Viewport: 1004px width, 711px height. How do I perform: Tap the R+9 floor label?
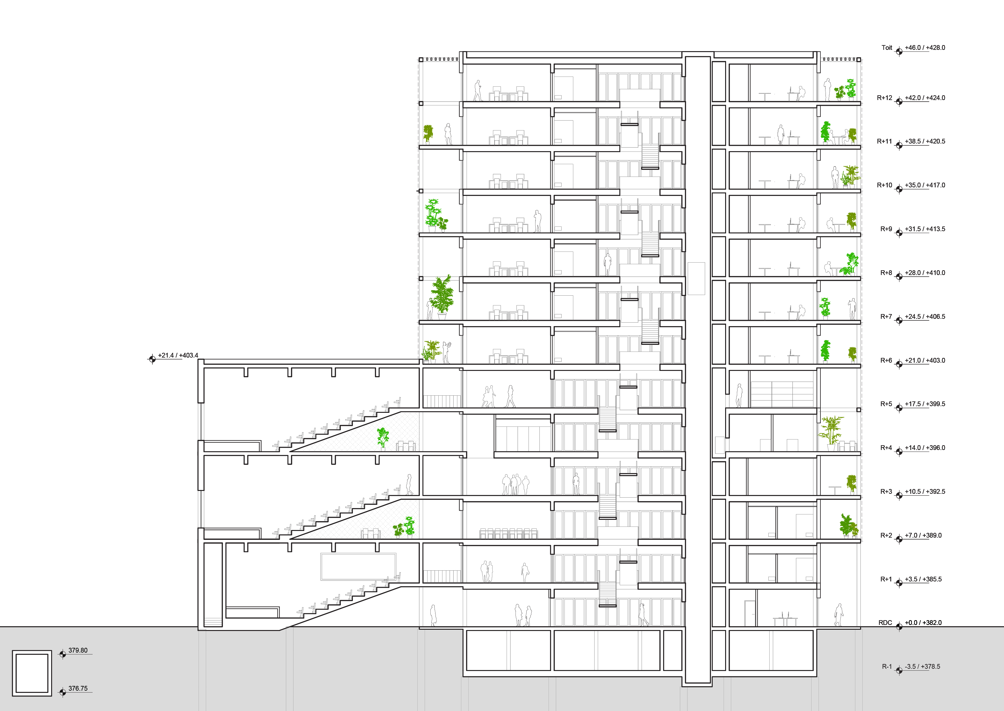tap(886, 229)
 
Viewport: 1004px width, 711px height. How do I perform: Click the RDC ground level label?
tap(885, 623)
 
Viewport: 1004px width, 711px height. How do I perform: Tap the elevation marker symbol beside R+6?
tap(899, 364)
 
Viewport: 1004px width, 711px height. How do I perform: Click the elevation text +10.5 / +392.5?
tap(925, 492)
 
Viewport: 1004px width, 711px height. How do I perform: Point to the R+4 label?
tap(886, 448)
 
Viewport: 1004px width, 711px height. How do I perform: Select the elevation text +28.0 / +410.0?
tap(925, 273)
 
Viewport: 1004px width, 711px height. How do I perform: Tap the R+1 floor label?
tap(886, 579)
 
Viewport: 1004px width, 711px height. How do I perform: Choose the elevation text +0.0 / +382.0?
tap(923, 623)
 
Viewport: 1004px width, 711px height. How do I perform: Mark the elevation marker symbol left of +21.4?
tap(152, 359)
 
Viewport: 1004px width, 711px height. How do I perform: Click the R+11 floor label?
tap(884, 141)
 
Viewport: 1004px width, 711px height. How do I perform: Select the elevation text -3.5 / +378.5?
tap(922, 666)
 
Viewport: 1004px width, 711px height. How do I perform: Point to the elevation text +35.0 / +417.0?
tap(925, 185)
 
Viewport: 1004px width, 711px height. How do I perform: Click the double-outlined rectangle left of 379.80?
tap(32, 673)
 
